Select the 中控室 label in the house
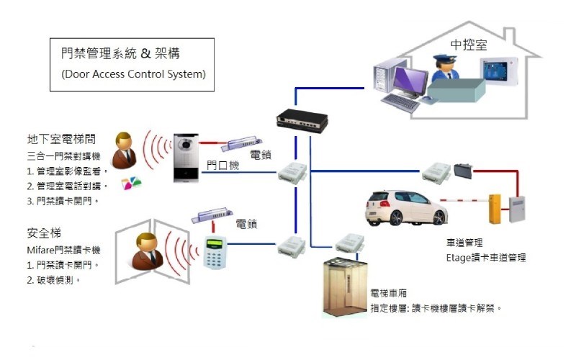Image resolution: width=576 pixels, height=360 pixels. click(469, 45)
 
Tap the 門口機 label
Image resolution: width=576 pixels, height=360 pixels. click(222, 165)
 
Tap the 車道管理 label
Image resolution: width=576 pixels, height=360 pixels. click(464, 243)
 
